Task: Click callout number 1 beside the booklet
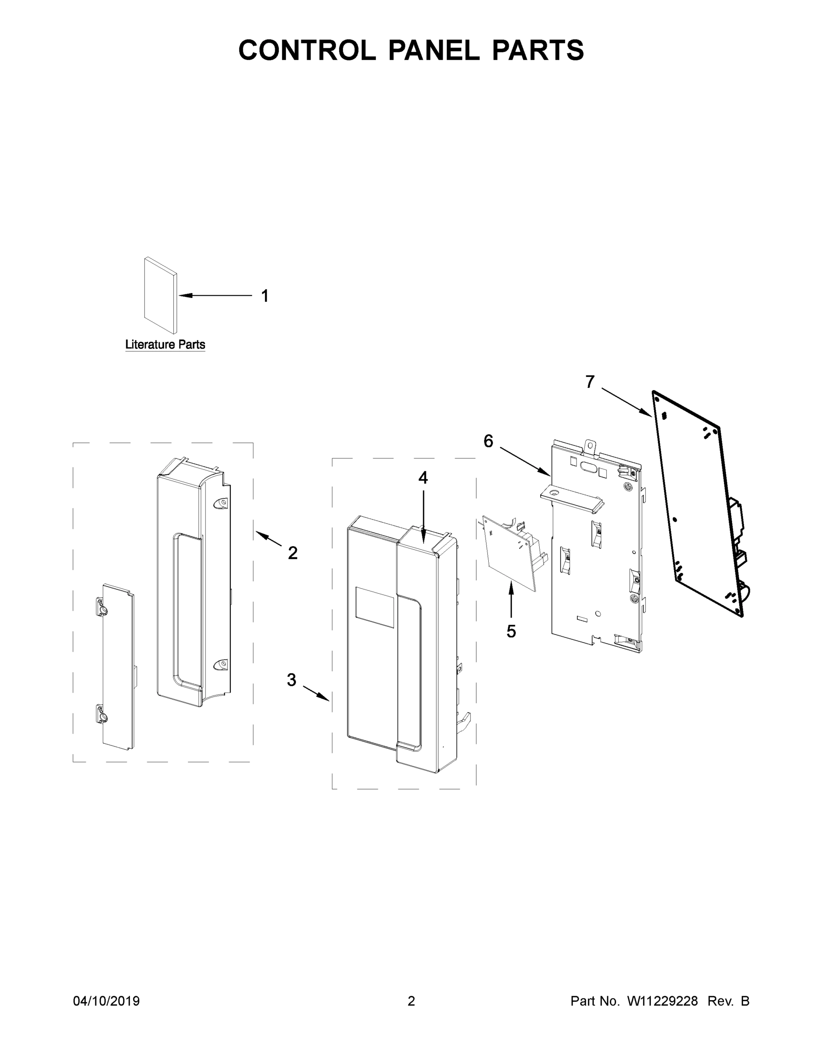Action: pyautogui.click(x=265, y=296)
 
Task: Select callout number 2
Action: pyautogui.click(x=292, y=553)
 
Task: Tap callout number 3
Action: pyautogui.click(x=291, y=680)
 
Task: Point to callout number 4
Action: pyautogui.click(x=423, y=478)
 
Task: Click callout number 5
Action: pyautogui.click(x=511, y=631)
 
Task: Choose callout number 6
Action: pyautogui.click(x=488, y=442)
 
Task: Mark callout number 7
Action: pyautogui.click(x=590, y=382)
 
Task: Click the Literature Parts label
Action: pyautogui.click(x=165, y=344)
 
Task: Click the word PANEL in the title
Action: pyautogui.click(x=433, y=50)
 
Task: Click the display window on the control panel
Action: pyautogui.click(x=374, y=606)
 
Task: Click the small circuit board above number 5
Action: pyautogui.click(x=509, y=551)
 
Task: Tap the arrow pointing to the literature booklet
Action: pyautogui.click(x=214, y=295)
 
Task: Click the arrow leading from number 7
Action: pyautogui.click(x=627, y=403)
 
